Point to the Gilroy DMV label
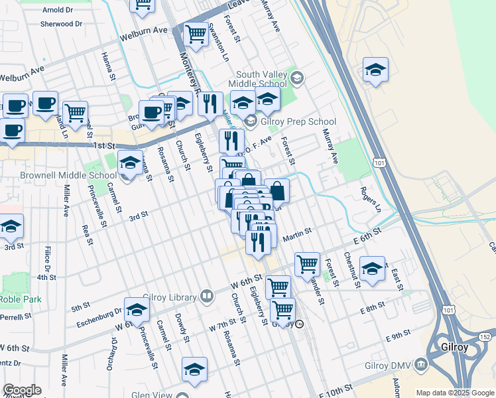[x=389, y=365]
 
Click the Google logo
[x=21, y=390]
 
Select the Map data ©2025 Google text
[x=454, y=393]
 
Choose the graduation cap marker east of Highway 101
[x=376, y=70]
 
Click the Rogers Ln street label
[x=370, y=199]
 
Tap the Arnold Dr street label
[x=57, y=10]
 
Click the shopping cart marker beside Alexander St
[x=307, y=264]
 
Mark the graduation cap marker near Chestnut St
[x=372, y=269]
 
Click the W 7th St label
[x=222, y=326]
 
